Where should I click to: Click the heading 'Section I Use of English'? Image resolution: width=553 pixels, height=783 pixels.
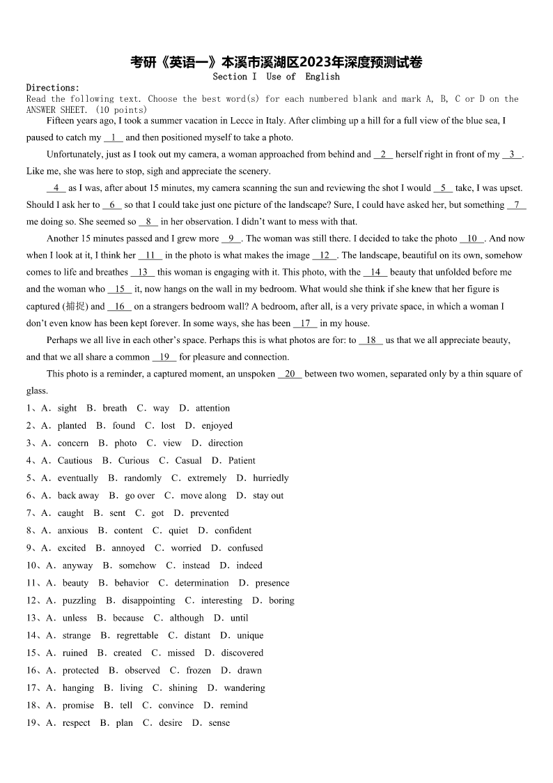pyautogui.click(x=276, y=77)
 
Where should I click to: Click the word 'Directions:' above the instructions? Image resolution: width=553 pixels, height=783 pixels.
pyautogui.click(x=53, y=88)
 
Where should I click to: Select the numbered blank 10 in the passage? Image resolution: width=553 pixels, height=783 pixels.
pyautogui.click(x=472, y=238)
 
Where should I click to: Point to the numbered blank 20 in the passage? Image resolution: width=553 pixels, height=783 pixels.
pyautogui.click(x=290, y=374)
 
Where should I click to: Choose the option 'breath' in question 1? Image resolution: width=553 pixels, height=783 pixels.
pyautogui.click(x=114, y=409)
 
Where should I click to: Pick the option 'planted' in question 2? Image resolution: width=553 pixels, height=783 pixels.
pyautogui.click(x=72, y=426)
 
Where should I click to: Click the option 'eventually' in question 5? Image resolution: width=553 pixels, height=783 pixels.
pyautogui.click(x=78, y=478)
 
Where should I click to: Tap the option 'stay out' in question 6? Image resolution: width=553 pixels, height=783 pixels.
pyautogui.click(x=268, y=496)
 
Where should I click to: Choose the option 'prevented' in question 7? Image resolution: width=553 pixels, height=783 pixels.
pyautogui.click(x=209, y=513)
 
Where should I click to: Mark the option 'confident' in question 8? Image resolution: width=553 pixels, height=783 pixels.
pyautogui.click(x=233, y=531)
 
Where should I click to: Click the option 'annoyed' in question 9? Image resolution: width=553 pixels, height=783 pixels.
pyautogui.click(x=128, y=548)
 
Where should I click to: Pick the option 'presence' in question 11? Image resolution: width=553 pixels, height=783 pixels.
pyautogui.click(x=272, y=583)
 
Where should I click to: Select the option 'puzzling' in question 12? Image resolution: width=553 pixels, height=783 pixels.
pyautogui.click(x=79, y=600)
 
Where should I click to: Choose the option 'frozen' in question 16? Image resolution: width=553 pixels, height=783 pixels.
pyautogui.click(x=198, y=670)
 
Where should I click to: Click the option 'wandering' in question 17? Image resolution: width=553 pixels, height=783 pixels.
pyautogui.click(x=244, y=687)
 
